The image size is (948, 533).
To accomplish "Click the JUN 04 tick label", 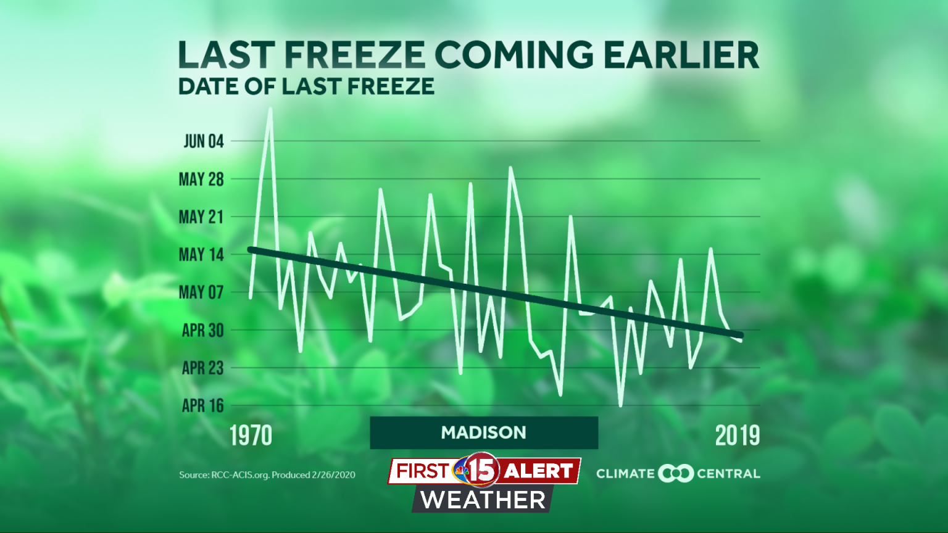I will click(x=203, y=141).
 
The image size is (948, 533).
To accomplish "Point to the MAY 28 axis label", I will click(x=201, y=180).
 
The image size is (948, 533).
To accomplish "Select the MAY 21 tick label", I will click(x=201, y=217).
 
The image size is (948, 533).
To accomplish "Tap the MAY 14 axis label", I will click(x=201, y=255).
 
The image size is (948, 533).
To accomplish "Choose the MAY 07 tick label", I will click(x=201, y=292).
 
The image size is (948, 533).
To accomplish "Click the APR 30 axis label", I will click(x=202, y=331).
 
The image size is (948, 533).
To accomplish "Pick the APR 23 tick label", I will click(x=202, y=368).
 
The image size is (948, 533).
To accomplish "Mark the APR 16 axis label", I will click(x=202, y=406).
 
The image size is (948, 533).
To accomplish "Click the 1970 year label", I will click(x=251, y=436).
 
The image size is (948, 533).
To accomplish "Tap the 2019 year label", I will click(x=738, y=436).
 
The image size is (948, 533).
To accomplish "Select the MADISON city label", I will click(x=483, y=432).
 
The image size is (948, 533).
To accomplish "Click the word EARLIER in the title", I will click(x=681, y=56).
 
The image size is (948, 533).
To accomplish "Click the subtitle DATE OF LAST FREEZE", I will click(x=306, y=86).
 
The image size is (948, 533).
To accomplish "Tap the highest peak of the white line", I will click(x=270, y=109).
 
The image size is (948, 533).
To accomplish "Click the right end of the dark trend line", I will click(x=740, y=335).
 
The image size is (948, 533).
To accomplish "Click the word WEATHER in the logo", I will click(x=483, y=500).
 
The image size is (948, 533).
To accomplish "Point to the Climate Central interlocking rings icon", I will click(x=676, y=474).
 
